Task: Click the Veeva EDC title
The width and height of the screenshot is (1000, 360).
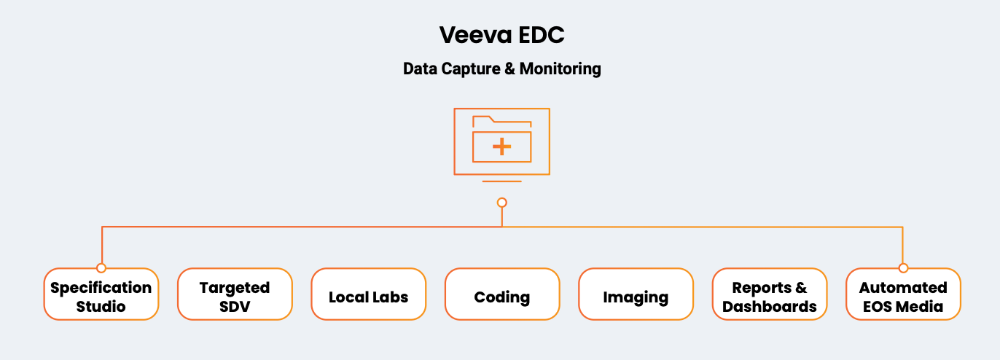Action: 501,34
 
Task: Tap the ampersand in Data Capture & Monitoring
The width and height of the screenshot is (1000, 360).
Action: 509,69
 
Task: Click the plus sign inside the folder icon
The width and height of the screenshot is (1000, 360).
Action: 501,146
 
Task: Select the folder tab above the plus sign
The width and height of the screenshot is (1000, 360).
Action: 483,120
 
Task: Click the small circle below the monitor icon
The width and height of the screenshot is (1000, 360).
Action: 501,203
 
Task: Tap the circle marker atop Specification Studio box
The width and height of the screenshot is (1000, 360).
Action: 101,268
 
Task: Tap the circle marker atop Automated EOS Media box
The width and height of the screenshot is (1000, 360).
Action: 903,268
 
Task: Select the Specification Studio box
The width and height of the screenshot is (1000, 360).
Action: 101,294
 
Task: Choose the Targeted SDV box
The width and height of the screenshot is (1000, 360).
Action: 235,294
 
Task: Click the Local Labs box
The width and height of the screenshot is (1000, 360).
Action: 368,294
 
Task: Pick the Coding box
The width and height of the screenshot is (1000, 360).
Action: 502,294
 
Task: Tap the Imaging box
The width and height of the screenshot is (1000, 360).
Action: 636,294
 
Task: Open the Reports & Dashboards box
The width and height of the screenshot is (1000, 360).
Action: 770,294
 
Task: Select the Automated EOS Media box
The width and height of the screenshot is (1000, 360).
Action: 903,294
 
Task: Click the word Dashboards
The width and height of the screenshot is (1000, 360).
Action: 770,307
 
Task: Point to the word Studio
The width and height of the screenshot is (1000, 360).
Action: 101,307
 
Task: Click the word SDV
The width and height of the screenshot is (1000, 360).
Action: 235,307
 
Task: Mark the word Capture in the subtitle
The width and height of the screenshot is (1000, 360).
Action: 470,69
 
